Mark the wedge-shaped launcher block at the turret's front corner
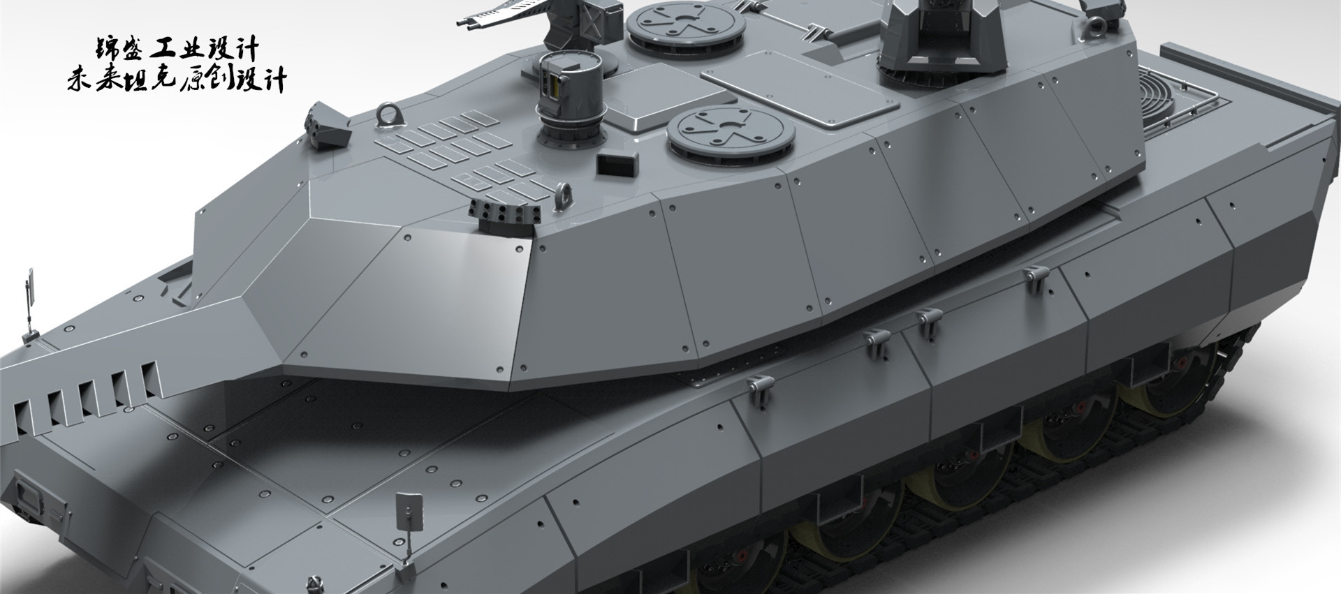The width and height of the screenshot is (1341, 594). coord(330,126)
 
